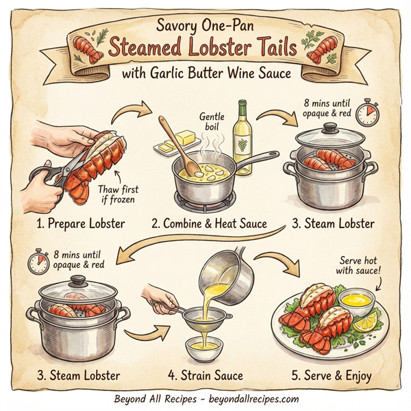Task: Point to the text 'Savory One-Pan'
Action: click(205, 27)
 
